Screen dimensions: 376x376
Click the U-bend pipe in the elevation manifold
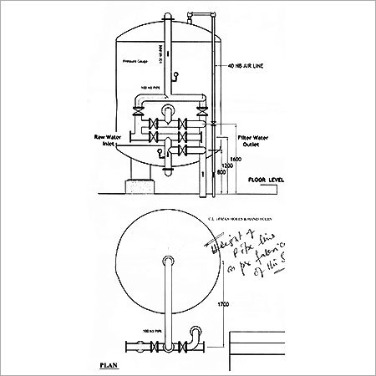point(170,114)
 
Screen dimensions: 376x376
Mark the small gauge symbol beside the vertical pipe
point(177,78)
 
